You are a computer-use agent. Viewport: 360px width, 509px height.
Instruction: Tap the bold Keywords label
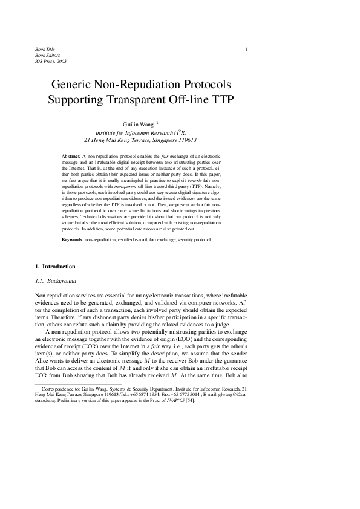point(73,240)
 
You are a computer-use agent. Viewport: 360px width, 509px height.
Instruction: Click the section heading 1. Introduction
point(55,266)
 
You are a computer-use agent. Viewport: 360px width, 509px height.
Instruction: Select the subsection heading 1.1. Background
point(54,281)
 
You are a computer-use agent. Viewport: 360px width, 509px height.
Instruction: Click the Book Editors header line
point(47,55)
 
